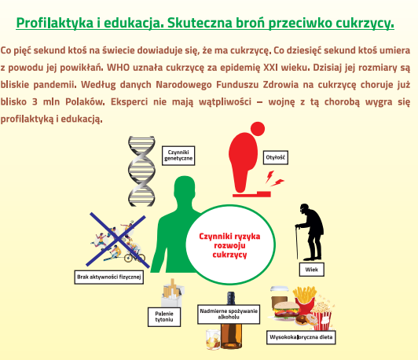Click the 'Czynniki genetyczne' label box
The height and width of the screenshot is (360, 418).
tap(178, 156)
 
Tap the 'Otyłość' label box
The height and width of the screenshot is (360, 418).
tap(275, 158)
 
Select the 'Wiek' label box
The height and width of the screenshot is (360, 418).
tap(311, 270)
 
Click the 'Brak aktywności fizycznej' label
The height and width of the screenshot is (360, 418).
tap(109, 277)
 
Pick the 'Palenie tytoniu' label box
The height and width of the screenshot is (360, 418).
tap(164, 317)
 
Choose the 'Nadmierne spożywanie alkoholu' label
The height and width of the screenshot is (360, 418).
tap(229, 314)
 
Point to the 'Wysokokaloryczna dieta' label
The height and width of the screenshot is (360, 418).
tap(301, 337)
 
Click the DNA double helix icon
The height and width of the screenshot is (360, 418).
tap(141, 171)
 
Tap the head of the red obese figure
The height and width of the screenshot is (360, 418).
tap(258, 129)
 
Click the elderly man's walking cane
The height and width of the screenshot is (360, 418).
tap(297, 242)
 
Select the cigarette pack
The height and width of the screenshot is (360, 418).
tap(173, 293)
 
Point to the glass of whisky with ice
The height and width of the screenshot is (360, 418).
tap(213, 340)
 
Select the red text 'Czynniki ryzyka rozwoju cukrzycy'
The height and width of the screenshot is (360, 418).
tap(229, 245)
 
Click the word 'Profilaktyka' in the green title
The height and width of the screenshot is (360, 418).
tap(55, 23)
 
